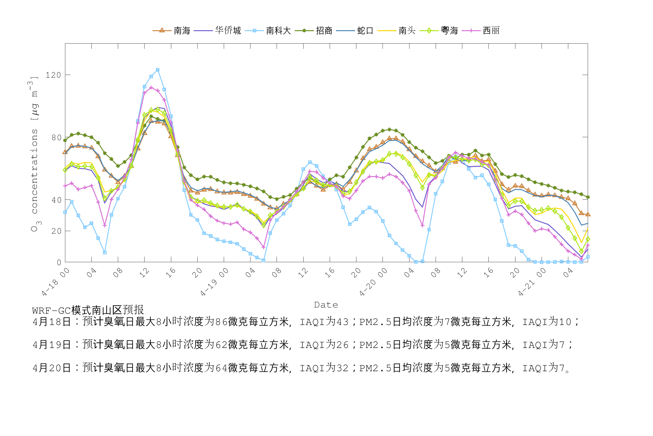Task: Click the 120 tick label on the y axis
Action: pyautogui.click(x=53, y=75)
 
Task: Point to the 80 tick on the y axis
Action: pyautogui.click(x=56, y=137)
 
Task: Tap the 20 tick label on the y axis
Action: pyautogui.click(x=56, y=231)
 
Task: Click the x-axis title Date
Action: pyautogui.click(x=326, y=305)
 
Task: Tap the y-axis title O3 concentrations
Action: pyautogui.click(x=35, y=154)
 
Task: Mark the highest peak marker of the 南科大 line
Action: pyautogui.click(x=158, y=70)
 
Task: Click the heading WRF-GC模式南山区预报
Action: pyautogui.click(x=88, y=310)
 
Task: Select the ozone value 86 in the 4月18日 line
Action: pyautogui.click(x=221, y=322)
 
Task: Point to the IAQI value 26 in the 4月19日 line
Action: pyautogui.click(x=342, y=345)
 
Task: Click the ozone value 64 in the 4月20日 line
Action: pyautogui.click(x=221, y=368)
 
